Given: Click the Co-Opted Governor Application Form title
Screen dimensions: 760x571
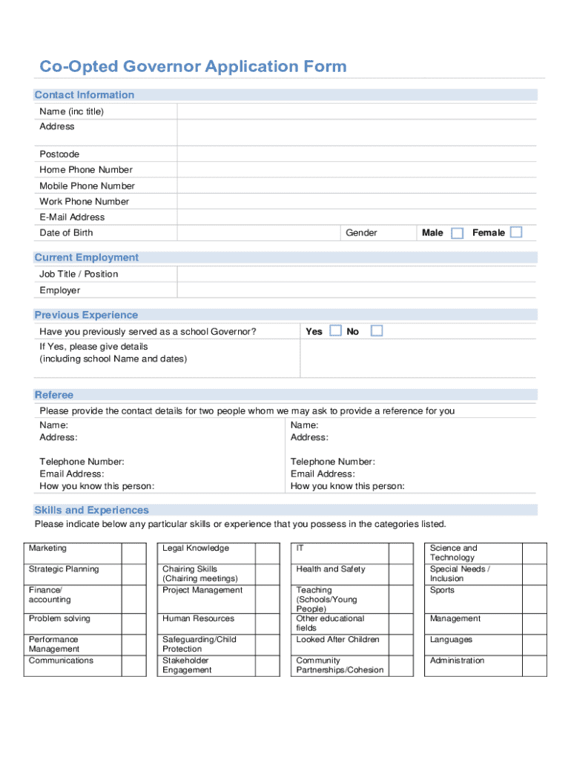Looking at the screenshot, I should [x=193, y=67].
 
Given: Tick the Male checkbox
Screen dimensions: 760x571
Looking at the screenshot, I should [x=458, y=233].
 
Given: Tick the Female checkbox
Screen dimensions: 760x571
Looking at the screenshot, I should [x=516, y=232].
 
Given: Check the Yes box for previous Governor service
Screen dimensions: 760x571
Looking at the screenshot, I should [x=336, y=331].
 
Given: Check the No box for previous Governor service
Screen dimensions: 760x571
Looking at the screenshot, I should [x=377, y=331].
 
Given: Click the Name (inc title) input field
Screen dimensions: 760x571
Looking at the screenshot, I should [x=356, y=111].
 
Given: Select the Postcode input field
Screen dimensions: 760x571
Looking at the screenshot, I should [x=356, y=154].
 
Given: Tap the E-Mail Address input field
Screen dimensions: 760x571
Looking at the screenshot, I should [x=356, y=217].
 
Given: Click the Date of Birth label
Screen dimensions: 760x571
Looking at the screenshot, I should [x=66, y=233].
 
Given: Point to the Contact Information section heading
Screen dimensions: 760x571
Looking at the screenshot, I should [x=85, y=95].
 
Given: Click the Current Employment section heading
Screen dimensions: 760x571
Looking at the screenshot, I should [x=86, y=258].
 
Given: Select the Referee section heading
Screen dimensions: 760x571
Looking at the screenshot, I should [x=54, y=395].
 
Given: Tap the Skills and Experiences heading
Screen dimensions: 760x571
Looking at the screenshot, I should [x=91, y=510].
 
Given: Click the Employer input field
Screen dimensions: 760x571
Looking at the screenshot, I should [x=356, y=290].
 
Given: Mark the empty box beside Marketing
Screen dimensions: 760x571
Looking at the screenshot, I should [x=134, y=553].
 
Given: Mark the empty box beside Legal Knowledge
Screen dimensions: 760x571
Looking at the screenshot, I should [x=267, y=553].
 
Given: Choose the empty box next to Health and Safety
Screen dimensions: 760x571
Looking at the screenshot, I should [x=401, y=574].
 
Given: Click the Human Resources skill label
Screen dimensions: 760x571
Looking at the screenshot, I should [x=198, y=618].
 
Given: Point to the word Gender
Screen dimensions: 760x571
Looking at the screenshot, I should [x=361, y=233].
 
